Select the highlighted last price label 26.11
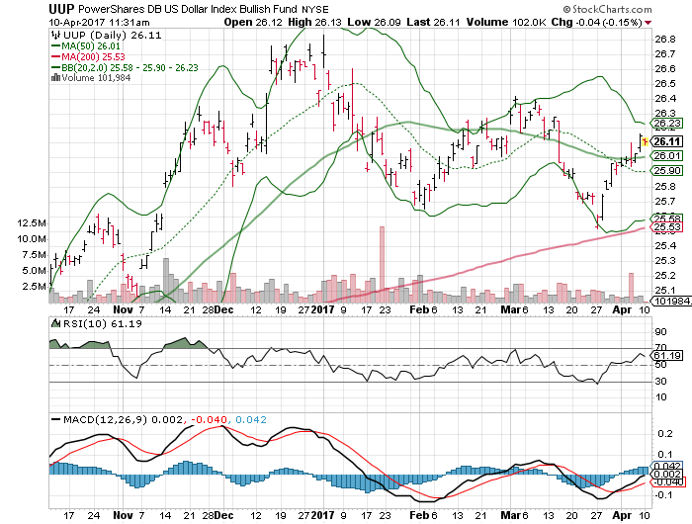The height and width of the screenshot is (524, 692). [x=668, y=141]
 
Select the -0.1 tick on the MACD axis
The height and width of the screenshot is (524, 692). [x=661, y=493]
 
